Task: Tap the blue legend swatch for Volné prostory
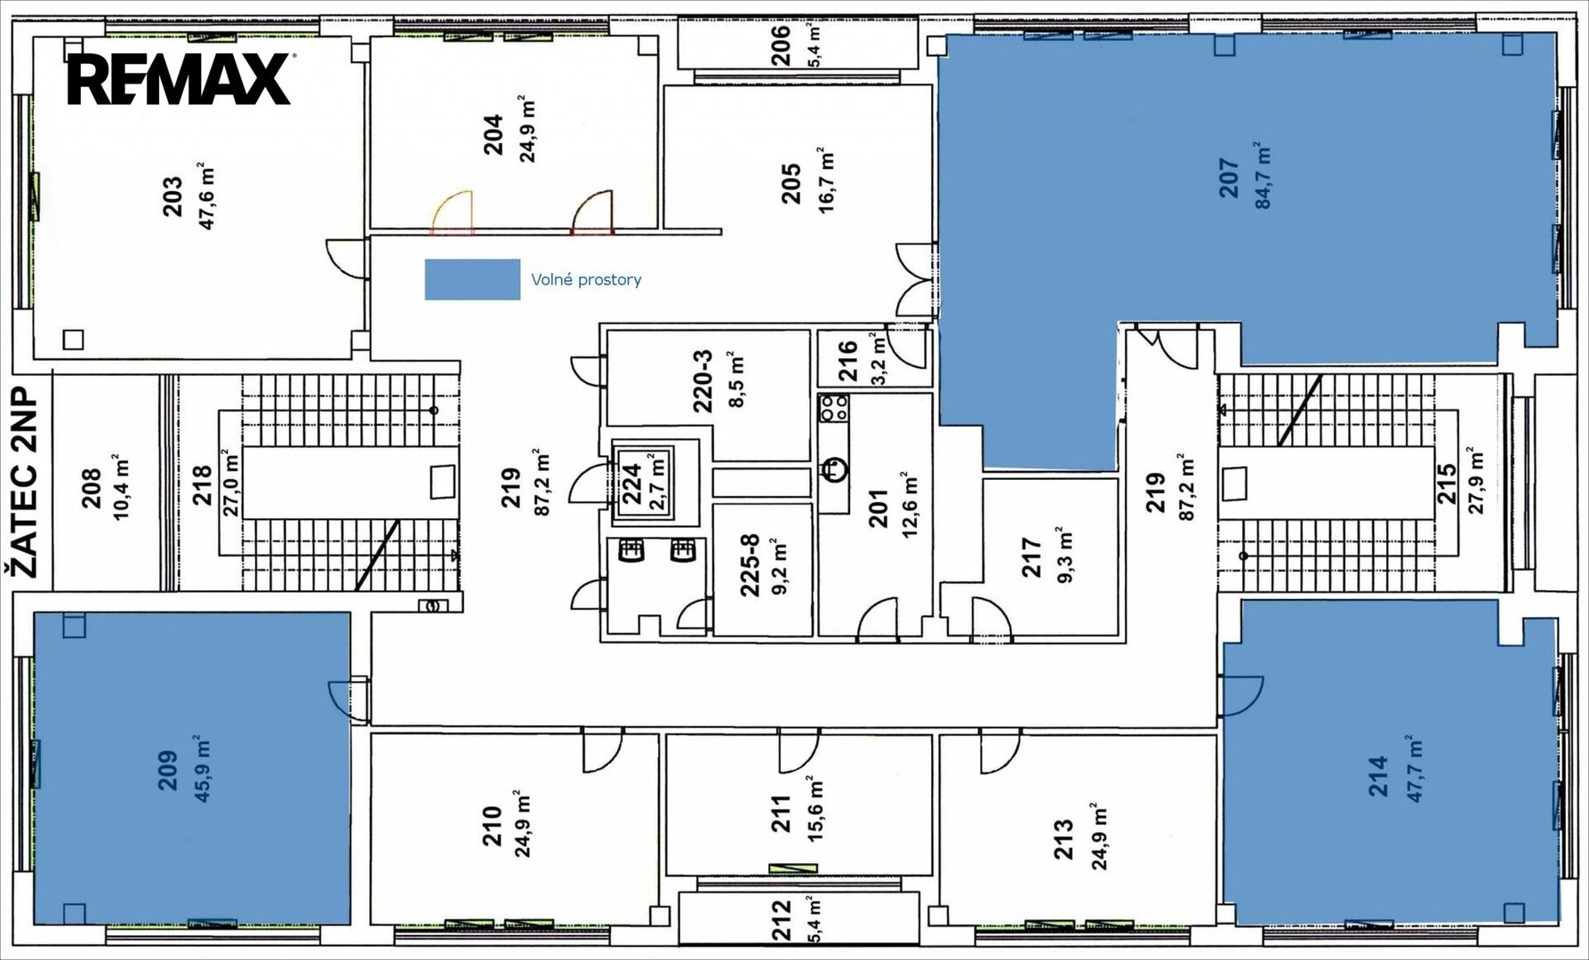click(x=472, y=279)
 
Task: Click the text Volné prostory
click(x=586, y=280)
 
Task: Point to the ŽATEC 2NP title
click(x=27, y=483)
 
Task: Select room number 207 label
click(x=1228, y=178)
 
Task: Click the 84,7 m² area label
click(x=1263, y=175)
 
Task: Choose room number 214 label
click(x=1377, y=775)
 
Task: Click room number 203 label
click(x=173, y=196)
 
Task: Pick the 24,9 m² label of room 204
click(x=527, y=128)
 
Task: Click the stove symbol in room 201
click(x=834, y=408)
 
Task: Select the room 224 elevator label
click(x=631, y=484)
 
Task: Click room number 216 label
click(x=847, y=362)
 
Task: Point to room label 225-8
click(x=750, y=564)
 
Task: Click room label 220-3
click(x=702, y=382)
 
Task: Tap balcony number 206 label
click(x=780, y=44)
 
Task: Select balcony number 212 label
click(x=780, y=920)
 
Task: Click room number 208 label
click(x=91, y=488)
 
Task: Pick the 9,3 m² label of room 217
click(x=1064, y=555)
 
